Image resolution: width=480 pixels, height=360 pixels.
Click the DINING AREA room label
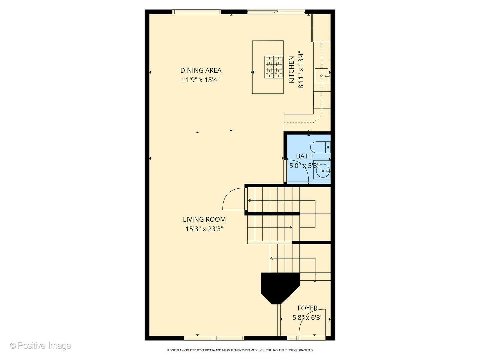(x=201, y=70)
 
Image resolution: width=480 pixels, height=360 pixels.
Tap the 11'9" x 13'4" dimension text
(x=201, y=80)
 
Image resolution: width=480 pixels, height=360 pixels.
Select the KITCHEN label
(x=291, y=70)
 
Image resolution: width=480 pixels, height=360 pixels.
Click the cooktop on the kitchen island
(x=274, y=67)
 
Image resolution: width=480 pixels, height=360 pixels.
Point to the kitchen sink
(x=321, y=76)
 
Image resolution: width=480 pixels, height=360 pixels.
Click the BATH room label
(x=304, y=156)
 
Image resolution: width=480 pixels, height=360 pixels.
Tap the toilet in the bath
(x=320, y=147)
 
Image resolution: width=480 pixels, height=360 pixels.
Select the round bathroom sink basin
(x=323, y=171)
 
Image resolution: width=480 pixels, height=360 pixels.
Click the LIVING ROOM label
(x=204, y=219)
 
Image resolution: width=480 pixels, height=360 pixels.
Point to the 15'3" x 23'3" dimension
(x=204, y=229)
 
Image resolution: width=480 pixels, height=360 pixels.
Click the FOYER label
(x=307, y=308)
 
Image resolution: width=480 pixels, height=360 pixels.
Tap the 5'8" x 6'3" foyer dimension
(x=307, y=318)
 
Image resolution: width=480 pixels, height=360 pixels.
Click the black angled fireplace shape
(x=280, y=288)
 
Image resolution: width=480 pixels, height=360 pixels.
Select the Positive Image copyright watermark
(x=40, y=346)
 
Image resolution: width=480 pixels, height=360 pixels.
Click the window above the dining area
(x=197, y=12)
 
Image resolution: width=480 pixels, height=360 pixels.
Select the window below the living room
(x=214, y=338)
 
